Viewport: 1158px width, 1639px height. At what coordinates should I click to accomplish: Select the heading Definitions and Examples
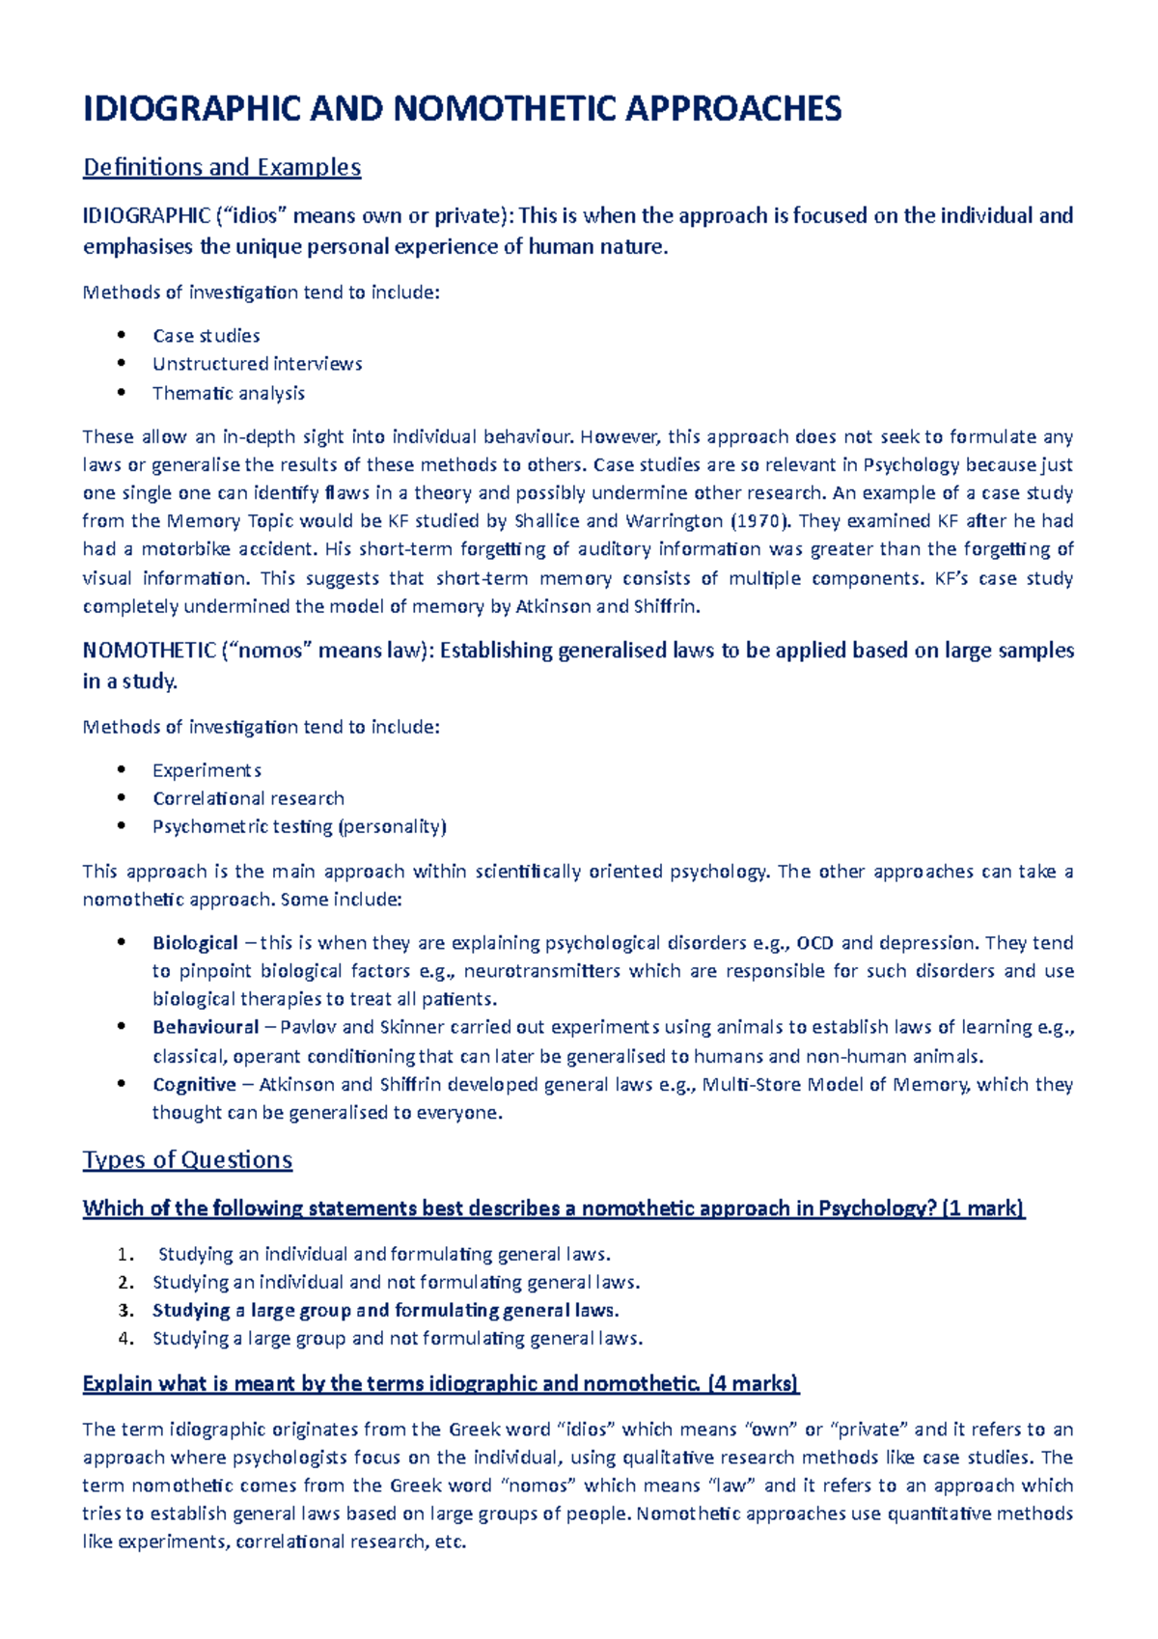click(222, 167)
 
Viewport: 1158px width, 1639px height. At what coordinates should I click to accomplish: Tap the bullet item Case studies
click(207, 336)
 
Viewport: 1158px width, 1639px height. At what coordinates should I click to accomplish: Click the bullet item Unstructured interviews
click(258, 364)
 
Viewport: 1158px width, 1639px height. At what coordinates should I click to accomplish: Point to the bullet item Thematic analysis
click(229, 393)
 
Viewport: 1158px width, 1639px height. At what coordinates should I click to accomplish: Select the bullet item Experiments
click(207, 770)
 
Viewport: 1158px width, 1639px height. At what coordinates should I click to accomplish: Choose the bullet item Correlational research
click(248, 798)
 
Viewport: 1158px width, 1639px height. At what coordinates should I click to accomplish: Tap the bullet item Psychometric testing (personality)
click(299, 826)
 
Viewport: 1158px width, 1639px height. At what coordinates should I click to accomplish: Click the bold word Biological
click(195, 943)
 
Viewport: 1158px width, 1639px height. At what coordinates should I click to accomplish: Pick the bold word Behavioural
click(206, 1027)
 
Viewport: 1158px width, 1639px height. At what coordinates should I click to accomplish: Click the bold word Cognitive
click(194, 1085)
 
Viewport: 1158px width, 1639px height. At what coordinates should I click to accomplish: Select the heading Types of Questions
click(187, 1159)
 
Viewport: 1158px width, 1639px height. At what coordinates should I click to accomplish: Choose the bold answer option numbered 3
click(385, 1311)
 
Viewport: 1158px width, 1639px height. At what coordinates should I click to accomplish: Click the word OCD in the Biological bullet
click(814, 943)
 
